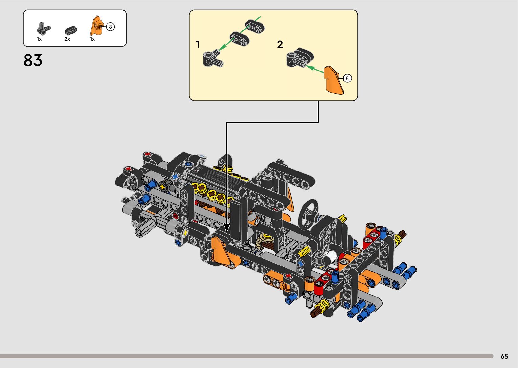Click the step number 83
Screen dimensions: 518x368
pos(33,60)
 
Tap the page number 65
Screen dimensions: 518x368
pos(504,357)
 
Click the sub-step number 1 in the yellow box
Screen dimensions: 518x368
pos(198,44)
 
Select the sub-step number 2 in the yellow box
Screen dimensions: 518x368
pos(280,44)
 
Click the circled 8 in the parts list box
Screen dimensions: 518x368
pos(110,27)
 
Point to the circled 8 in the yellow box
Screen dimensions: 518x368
pos(347,78)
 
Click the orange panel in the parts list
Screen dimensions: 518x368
pos(96,25)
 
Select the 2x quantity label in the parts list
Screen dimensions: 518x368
pos(67,39)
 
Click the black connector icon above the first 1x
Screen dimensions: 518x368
pos(43,29)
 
